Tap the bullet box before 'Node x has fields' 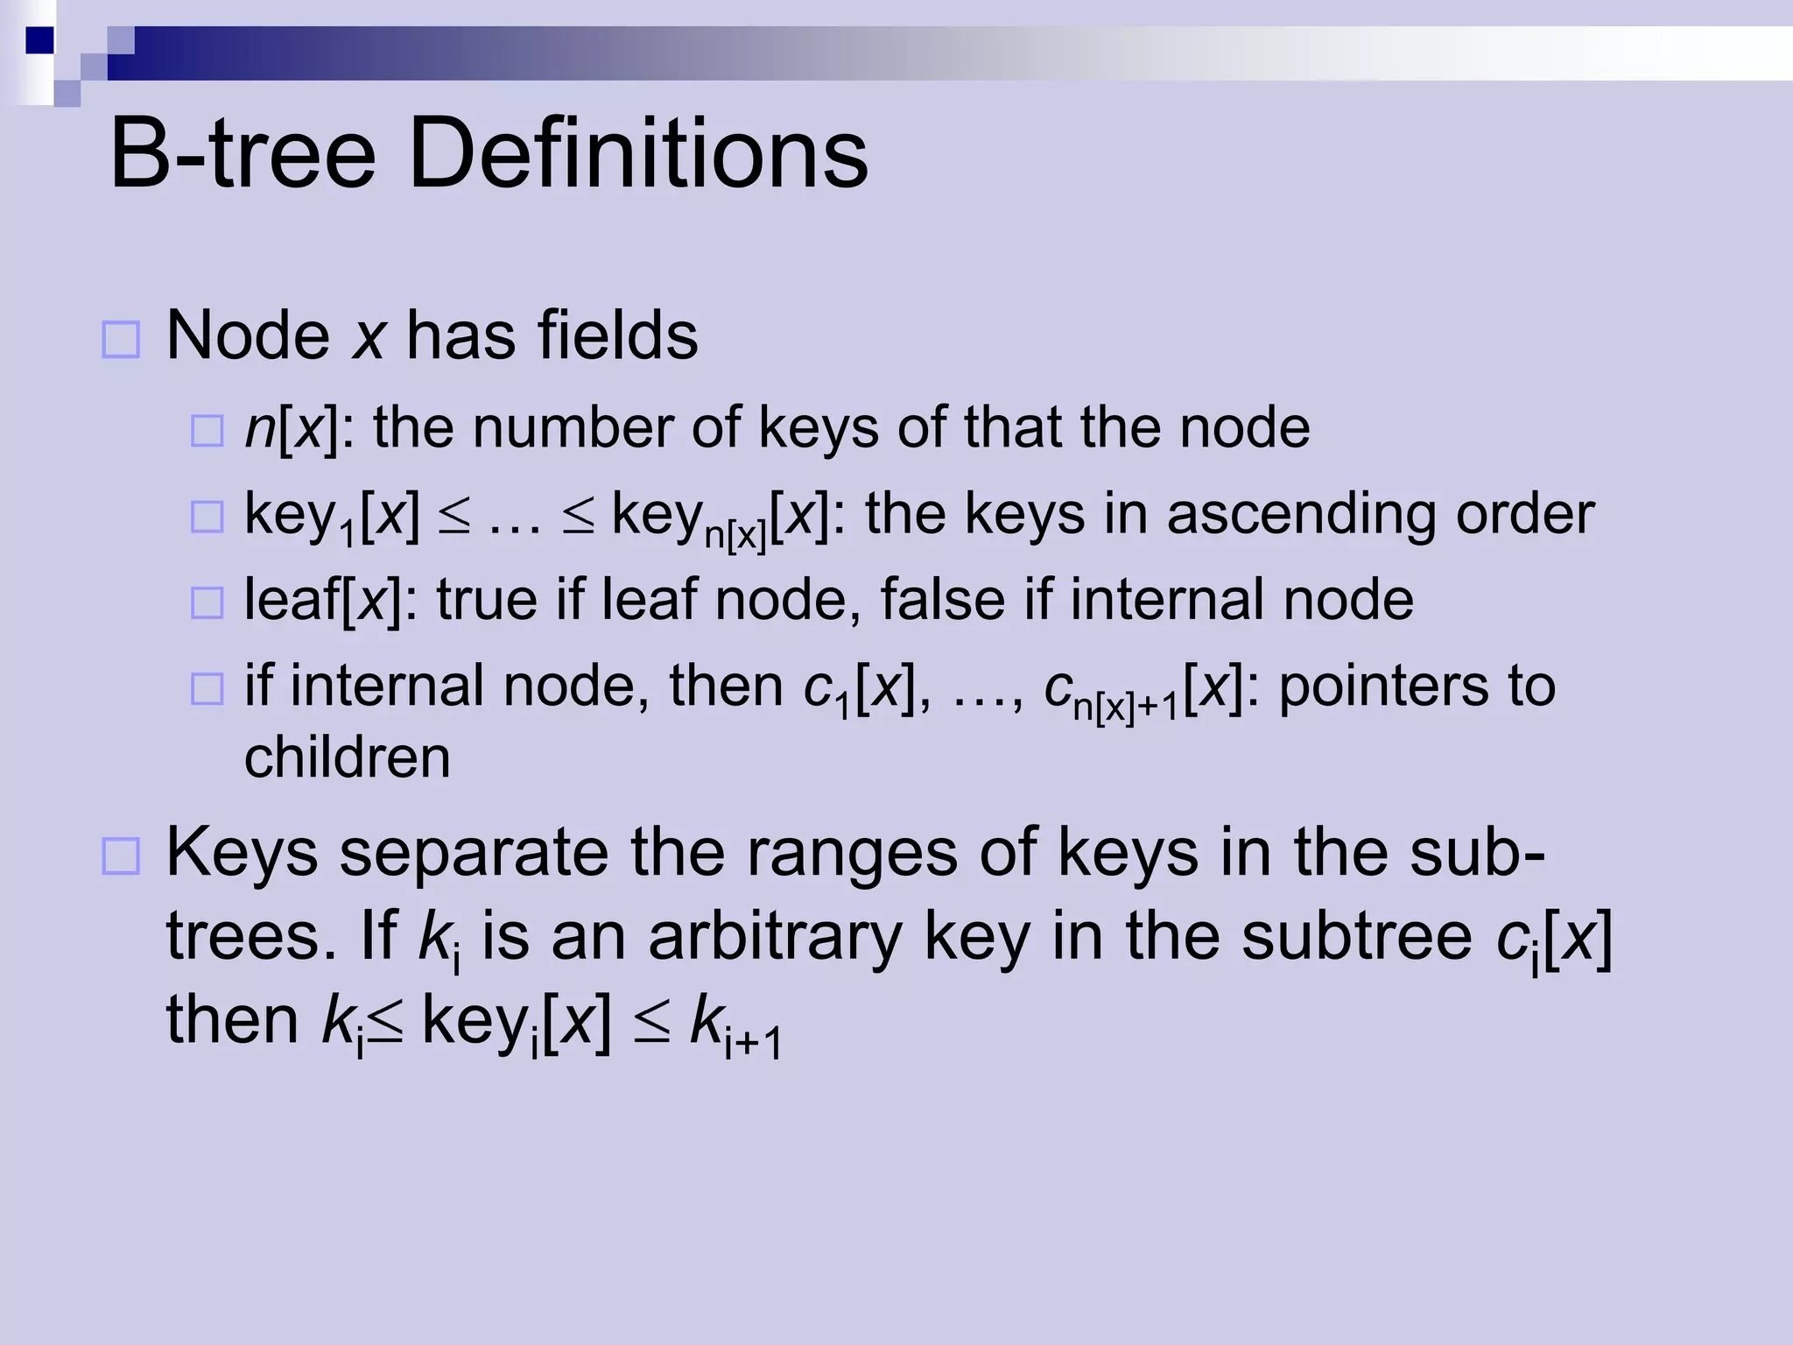tap(121, 340)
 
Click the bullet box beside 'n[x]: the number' tap(207, 431)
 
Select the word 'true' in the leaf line tap(487, 600)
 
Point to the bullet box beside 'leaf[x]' tap(207, 602)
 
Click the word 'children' tap(348, 757)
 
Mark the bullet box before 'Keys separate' tap(121, 856)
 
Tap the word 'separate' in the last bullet tap(474, 854)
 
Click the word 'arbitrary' tap(775, 937)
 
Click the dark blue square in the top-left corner tap(39, 40)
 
